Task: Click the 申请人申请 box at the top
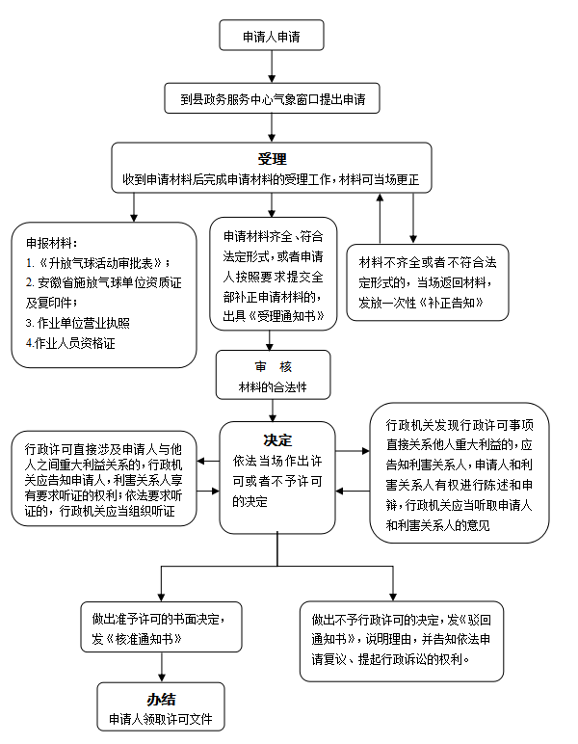272,35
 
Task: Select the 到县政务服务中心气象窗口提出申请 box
273,98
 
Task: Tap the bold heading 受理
273,159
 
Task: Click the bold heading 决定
277,440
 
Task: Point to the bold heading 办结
161,699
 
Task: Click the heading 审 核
274,366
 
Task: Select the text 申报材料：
52,243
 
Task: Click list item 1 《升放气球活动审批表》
97,263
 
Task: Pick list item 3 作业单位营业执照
78,323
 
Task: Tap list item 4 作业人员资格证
70,343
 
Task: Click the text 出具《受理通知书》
274,316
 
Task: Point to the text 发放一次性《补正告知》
421,303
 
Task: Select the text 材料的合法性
273,387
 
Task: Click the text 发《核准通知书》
137,639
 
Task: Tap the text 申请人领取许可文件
161,719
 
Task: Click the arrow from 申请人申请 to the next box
272,66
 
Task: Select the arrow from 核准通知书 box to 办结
162,667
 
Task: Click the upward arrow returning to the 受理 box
380,218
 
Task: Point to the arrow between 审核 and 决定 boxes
273,411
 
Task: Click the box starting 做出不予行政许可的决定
402,641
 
